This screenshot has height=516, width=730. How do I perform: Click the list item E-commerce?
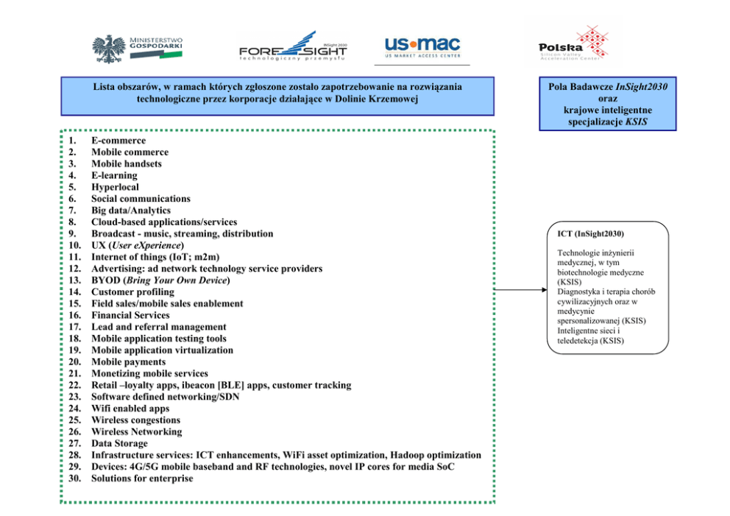pos(118,141)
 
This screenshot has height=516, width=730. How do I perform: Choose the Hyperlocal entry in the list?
pos(116,187)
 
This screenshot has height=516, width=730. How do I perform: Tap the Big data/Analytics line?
pos(131,211)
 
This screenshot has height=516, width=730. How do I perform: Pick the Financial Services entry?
pos(130,315)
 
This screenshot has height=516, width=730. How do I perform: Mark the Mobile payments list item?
pos(129,361)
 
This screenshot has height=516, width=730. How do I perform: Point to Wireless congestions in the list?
pos(135,420)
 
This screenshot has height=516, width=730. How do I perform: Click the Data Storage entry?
pos(119,443)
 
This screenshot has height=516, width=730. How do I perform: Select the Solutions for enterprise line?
pos(142,478)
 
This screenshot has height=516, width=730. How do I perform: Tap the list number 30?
pos(74,478)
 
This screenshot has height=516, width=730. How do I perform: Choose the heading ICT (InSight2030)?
pos(591,234)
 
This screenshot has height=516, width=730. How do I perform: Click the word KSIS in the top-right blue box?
pos(636,121)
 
